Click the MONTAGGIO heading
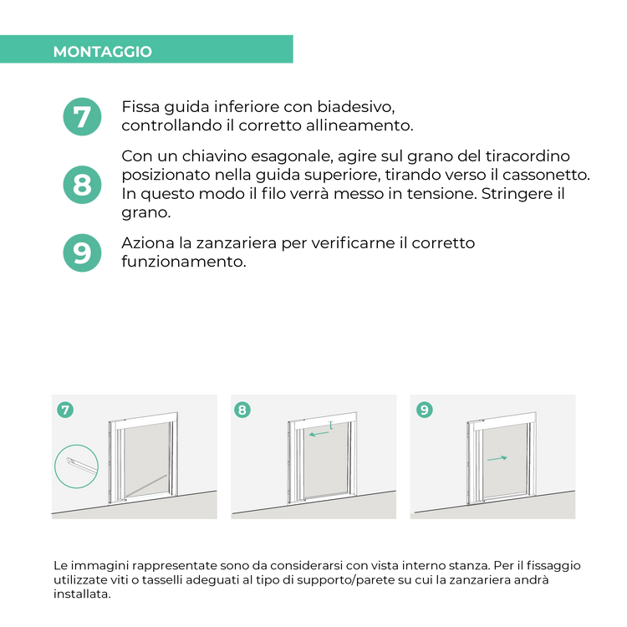102,52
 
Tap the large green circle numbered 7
83,117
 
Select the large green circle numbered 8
83,185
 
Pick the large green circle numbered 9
83,252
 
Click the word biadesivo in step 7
356,107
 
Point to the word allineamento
359,125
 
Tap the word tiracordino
528,156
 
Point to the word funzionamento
184,262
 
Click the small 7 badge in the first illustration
65,410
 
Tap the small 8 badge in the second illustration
242,410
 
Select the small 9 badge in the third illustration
424,410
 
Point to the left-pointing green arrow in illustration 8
319,433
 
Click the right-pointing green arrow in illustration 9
497,459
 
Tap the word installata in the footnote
82,594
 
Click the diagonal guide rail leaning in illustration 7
146,487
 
